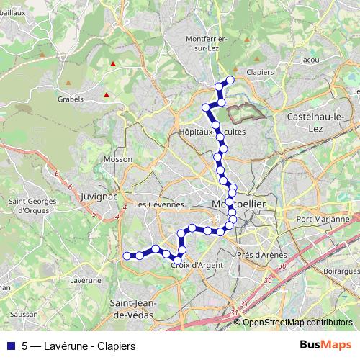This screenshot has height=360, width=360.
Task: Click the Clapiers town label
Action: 260,73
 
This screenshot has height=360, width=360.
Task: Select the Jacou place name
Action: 310,60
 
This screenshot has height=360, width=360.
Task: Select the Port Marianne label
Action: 322,219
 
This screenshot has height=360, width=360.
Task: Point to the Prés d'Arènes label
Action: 261,255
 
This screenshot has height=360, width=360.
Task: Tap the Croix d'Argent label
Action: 197,265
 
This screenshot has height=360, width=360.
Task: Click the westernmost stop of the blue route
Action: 127,256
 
